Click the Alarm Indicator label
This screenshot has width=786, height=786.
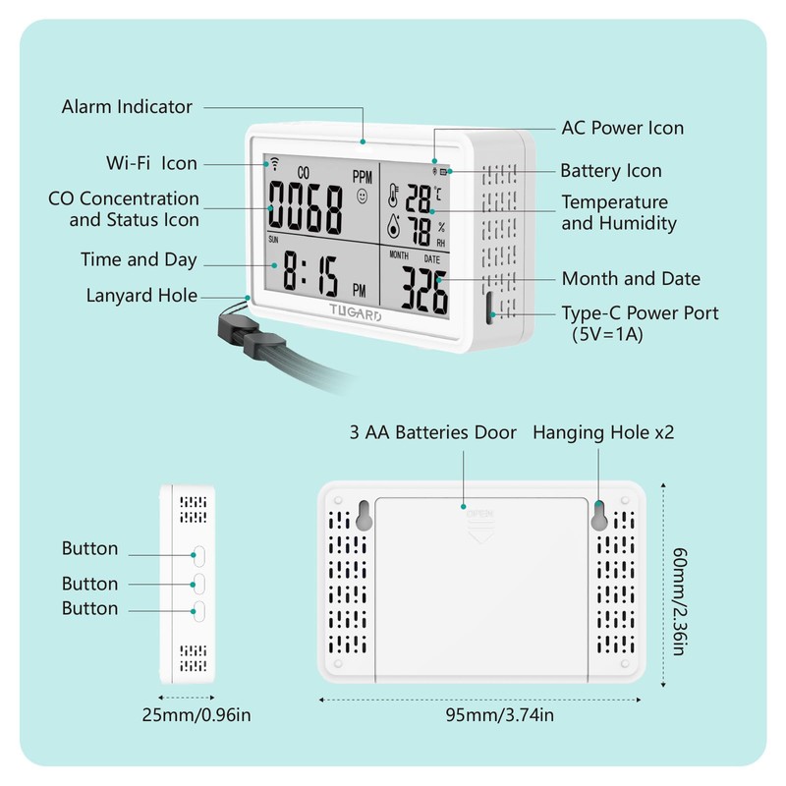tap(127, 106)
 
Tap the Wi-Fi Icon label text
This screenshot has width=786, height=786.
tap(151, 163)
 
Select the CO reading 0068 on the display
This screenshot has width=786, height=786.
tap(306, 206)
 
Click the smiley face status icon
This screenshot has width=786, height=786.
tap(364, 197)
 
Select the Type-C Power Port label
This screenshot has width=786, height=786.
tap(640, 313)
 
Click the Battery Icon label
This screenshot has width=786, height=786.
tap(610, 171)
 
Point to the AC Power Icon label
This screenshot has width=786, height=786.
tap(622, 128)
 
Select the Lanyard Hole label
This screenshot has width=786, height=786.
tap(141, 295)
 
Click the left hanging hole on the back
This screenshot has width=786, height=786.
tap(363, 518)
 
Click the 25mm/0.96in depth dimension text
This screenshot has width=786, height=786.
tap(196, 714)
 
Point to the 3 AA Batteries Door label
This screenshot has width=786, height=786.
tap(432, 432)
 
